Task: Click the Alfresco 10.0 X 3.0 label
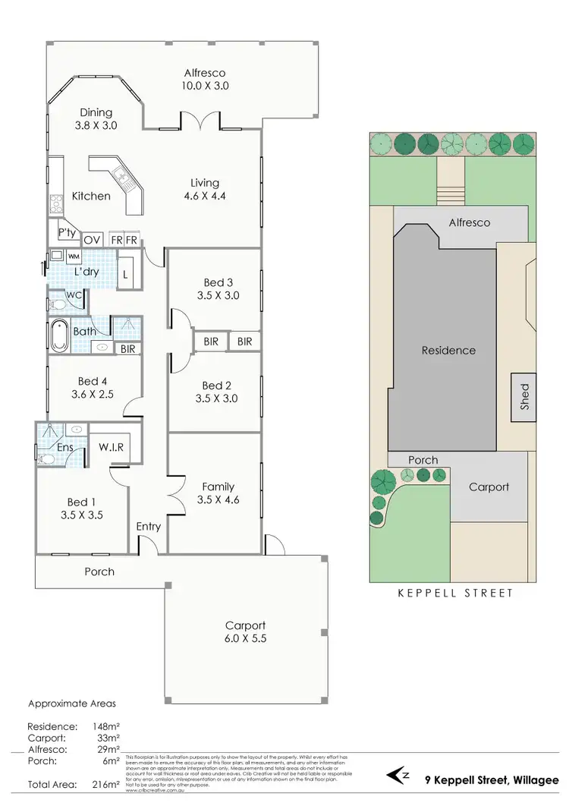tap(205, 80)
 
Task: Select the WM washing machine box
tap(74, 256)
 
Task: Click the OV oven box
tap(92, 240)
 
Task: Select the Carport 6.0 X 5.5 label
tap(245, 632)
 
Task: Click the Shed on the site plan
tap(523, 396)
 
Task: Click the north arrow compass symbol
tap(400, 776)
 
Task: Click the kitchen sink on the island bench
tap(124, 179)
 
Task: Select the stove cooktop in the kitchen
tap(55, 203)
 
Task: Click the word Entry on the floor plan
tap(149, 527)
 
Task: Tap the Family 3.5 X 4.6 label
tap(218, 493)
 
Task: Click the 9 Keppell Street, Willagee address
tap(492, 779)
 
